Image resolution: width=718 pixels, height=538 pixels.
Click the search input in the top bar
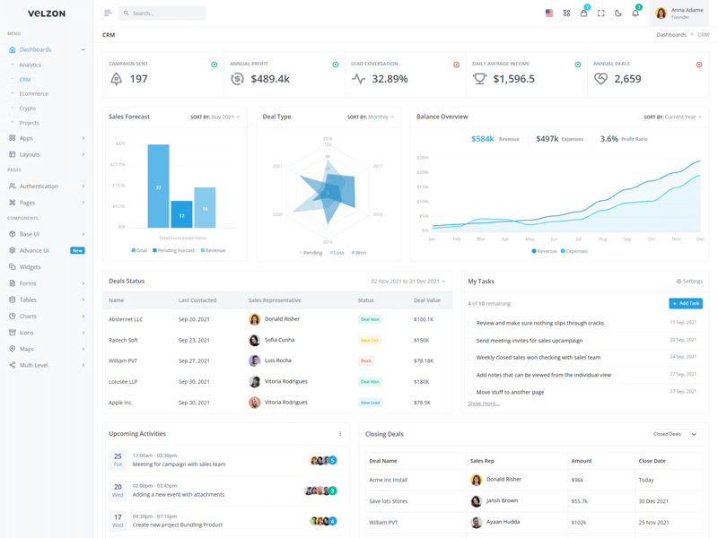click(166, 13)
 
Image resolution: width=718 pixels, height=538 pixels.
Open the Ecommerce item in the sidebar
click(34, 93)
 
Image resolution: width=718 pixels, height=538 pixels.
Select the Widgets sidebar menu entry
click(30, 267)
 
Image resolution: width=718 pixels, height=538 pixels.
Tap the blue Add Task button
click(686, 304)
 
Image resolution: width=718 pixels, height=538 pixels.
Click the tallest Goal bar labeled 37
click(158, 187)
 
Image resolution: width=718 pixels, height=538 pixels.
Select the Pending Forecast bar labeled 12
click(181, 214)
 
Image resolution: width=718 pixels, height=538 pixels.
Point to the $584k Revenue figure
click(483, 139)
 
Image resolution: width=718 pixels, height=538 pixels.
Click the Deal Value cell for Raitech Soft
click(421, 341)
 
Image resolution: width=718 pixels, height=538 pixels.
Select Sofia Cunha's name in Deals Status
click(279, 341)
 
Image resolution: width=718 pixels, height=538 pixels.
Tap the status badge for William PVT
click(366, 361)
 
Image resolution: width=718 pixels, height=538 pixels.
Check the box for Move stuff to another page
click(471, 392)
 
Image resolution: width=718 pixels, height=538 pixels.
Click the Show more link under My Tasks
click(484, 403)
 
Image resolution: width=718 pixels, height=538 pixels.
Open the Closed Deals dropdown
click(673, 434)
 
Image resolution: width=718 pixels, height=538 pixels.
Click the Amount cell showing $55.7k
click(579, 501)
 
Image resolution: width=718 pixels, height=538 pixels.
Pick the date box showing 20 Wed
click(118, 490)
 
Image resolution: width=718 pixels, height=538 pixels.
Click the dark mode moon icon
click(618, 13)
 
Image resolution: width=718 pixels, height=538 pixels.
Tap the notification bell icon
click(635, 13)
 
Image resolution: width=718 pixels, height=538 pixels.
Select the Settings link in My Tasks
click(689, 282)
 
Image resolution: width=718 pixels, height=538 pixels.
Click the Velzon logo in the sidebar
click(47, 13)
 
